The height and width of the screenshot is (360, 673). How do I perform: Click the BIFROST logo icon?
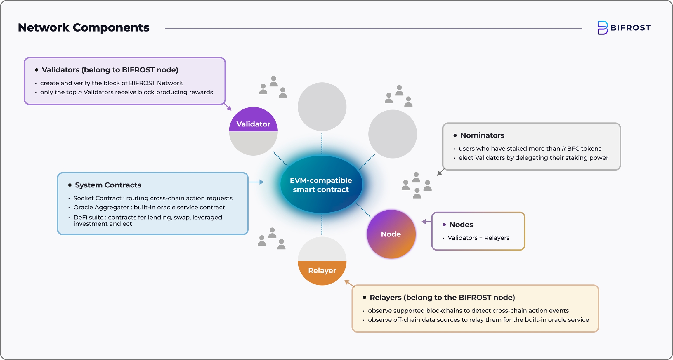(603, 28)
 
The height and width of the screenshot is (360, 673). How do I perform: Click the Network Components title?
(84, 28)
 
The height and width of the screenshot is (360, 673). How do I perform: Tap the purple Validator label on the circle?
(253, 124)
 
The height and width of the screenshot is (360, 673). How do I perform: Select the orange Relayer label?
(322, 271)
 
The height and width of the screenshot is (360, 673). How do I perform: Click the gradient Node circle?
(391, 234)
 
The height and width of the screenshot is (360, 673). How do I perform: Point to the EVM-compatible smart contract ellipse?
(321, 185)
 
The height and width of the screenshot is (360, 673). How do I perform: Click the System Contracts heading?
(108, 185)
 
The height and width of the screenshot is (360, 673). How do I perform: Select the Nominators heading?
(482, 135)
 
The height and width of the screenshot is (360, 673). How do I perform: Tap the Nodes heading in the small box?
(461, 225)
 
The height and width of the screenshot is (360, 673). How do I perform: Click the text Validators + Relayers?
(478, 238)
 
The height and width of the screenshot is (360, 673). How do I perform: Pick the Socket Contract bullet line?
(153, 198)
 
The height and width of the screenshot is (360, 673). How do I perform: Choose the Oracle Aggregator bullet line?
(149, 207)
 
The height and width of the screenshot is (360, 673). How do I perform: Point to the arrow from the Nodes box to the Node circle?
(426, 222)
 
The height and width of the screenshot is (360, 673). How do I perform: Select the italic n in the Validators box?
(80, 92)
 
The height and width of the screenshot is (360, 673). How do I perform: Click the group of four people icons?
(417, 186)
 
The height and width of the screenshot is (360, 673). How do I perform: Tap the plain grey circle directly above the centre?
(322, 107)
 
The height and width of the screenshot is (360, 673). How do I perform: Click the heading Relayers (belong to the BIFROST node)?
(442, 298)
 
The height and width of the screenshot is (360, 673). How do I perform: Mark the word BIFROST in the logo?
(630, 28)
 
